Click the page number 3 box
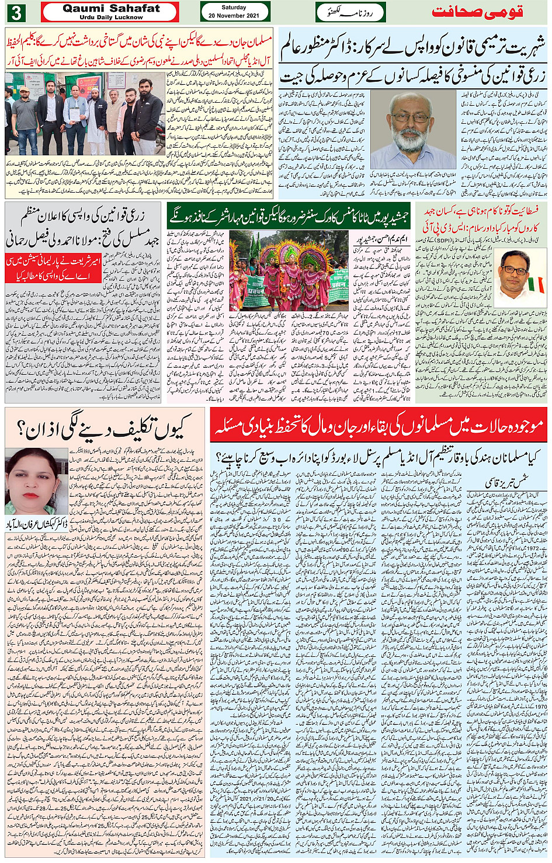(x=17, y=12)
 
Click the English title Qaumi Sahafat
(x=111, y=8)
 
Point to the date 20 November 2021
(x=234, y=16)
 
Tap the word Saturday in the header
(x=234, y=8)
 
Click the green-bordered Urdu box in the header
(x=350, y=12)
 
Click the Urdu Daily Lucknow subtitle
(x=111, y=18)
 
